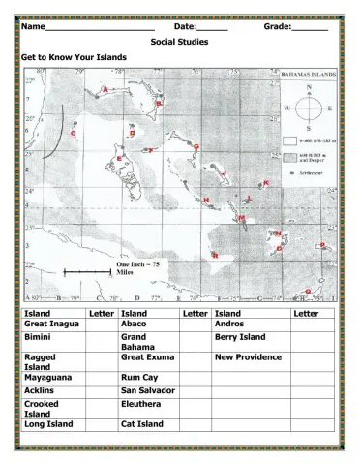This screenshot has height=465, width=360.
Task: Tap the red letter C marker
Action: click(75, 132)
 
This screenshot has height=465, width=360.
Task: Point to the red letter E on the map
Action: click(119, 157)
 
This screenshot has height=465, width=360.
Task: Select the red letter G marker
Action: click(195, 146)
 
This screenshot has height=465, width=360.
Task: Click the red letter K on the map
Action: click(266, 182)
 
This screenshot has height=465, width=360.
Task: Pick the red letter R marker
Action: click(215, 255)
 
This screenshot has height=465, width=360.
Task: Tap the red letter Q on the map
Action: click(307, 290)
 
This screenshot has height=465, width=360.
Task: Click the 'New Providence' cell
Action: click(248, 357)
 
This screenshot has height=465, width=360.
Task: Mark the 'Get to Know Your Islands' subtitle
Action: click(74, 57)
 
